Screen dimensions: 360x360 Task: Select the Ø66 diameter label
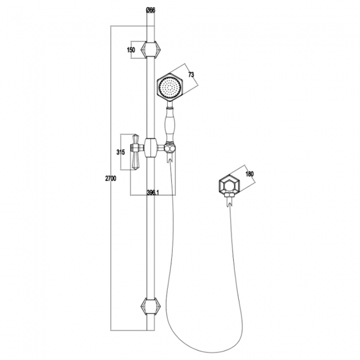(x=150, y=9)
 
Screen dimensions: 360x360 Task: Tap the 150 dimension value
(x=131, y=50)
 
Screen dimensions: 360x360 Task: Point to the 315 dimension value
(x=120, y=152)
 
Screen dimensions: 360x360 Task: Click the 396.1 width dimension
(x=153, y=192)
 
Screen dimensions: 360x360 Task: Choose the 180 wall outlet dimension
(x=249, y=174)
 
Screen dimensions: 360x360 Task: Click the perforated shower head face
(x=169, y=88)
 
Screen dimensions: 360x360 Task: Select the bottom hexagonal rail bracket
(x=150, y=305)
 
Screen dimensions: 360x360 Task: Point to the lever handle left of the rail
(x=135, y=151)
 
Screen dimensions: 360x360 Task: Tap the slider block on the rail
(x=150, y=148)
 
